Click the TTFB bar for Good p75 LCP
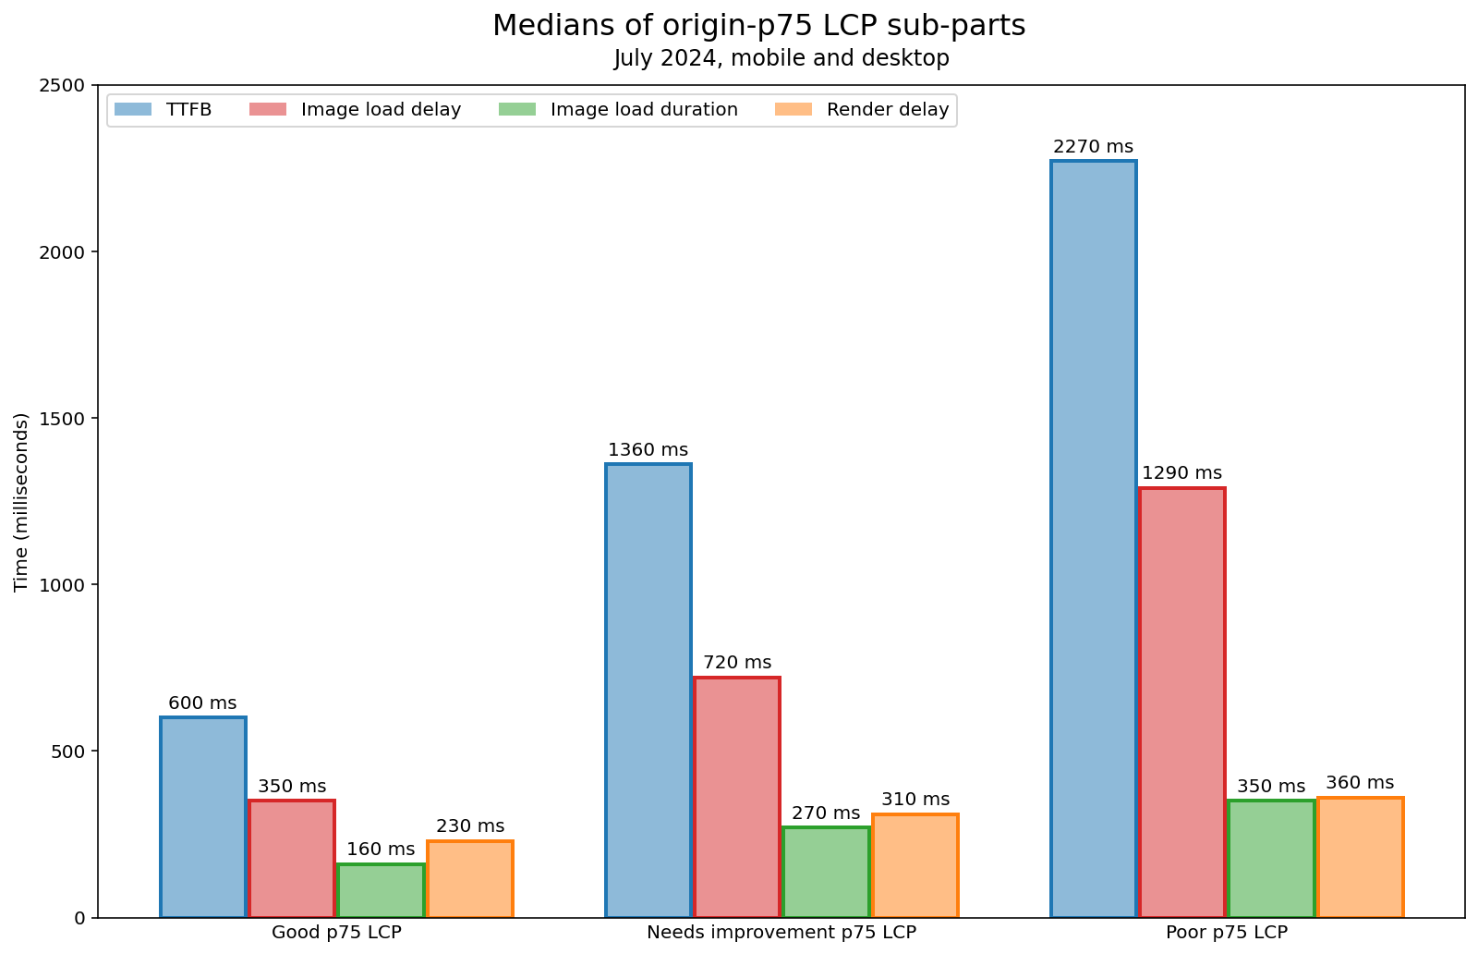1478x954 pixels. pos(203,817)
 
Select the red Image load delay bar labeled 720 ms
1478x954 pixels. pos(737,797)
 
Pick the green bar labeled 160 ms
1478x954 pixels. pos(381,890)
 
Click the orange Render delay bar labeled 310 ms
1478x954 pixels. pos(915,865)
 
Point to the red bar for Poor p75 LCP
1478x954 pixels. pos(1182,703)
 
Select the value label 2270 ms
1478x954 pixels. pos(1094,147)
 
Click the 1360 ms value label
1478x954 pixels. pos(648,450)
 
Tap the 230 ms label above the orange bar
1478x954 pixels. pos(470,826)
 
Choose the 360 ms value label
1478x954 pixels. pos(1360,783)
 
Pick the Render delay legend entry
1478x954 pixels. pos(887,110)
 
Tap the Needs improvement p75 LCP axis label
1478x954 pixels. pos(781,932)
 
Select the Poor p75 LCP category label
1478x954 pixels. pos(1227,932)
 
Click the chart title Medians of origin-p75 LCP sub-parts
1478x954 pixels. pos(758,26)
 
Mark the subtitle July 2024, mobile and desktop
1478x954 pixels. pos(781,58)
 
